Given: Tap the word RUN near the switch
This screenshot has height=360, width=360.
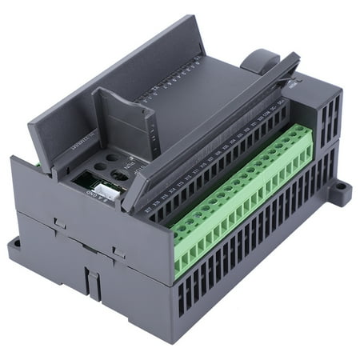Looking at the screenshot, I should click(x=134, y=169).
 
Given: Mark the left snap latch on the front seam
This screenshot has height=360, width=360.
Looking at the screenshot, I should click(x=58, y=225).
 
